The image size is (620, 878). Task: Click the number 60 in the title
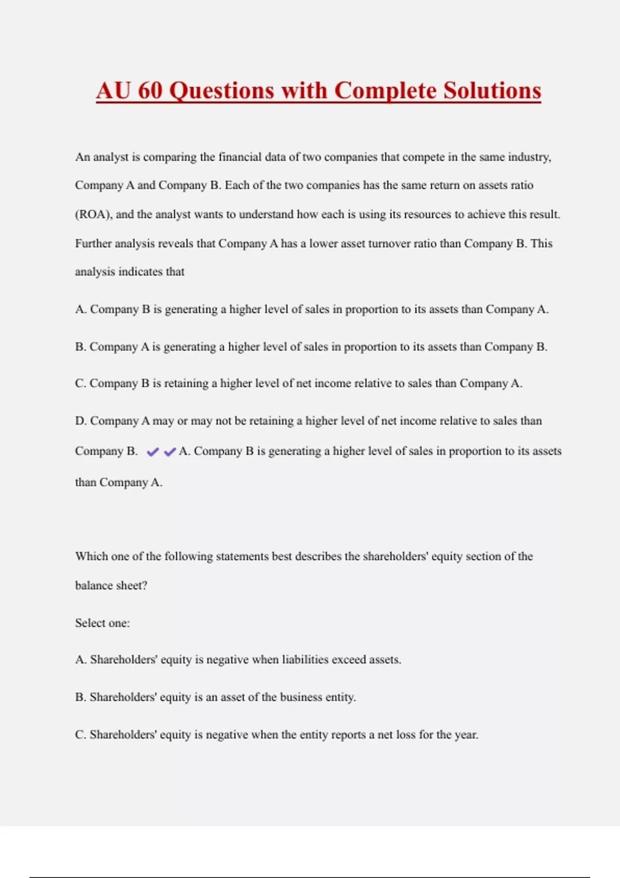tap(150, 90)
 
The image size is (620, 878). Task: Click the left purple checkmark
tap(152, 452)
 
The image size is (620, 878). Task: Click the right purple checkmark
tap(169, 452)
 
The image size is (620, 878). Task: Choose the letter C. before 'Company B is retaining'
tap(81, 384)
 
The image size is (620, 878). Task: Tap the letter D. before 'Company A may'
tap(81, 421)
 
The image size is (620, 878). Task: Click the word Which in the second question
tap(91, 556)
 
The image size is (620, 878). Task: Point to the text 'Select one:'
tap(102, 623)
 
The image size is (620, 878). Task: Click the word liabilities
tap(305, 660)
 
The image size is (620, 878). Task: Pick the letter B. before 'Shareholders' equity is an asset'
tap(81, 697)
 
